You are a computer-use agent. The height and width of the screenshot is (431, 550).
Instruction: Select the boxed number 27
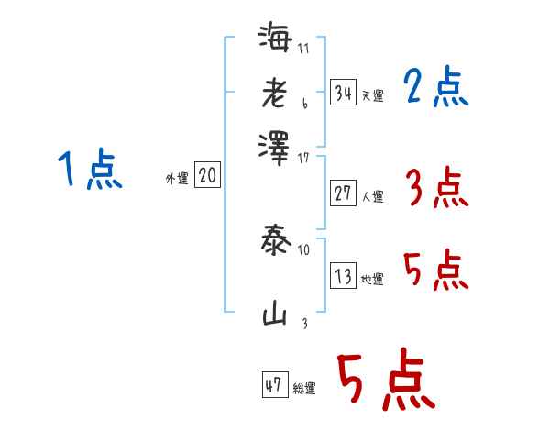[x=343, y=193]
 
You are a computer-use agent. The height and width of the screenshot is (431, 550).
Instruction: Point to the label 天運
[x=372, y=95]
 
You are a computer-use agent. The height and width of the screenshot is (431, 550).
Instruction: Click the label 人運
[x=372, y=196]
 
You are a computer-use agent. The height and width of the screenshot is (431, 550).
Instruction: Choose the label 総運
[x=305, y=389]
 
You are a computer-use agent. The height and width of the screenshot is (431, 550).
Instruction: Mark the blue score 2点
[x=435, y=88]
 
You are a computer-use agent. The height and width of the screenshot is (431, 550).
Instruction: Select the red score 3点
[x=435, y=190]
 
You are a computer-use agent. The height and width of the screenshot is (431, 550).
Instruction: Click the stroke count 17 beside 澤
[x=304, y=158]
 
